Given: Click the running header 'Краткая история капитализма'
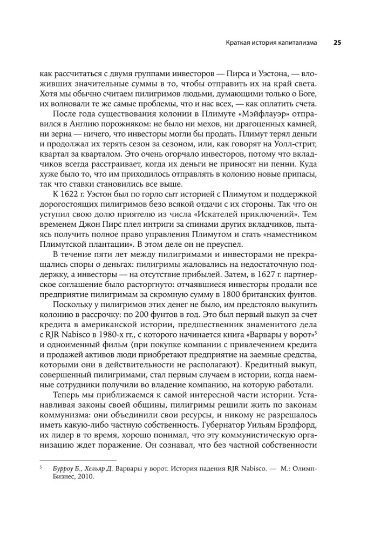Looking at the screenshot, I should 264,43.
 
